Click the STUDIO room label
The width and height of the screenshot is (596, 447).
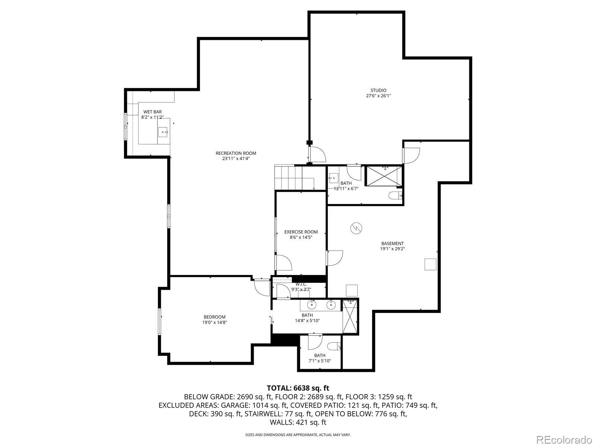pos(378,90)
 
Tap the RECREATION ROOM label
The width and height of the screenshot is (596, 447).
pos(236,153)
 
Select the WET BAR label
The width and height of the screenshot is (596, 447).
pos(152,112)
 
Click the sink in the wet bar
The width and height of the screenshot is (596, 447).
pos(163,132)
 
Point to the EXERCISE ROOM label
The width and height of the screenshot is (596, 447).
pos(301,232)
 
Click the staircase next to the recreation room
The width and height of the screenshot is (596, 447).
pos(294,177)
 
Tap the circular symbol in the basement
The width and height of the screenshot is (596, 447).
pos(356,228)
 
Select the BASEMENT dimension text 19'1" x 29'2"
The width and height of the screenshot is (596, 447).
pos(392,249)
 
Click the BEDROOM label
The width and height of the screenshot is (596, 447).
pos(215,317)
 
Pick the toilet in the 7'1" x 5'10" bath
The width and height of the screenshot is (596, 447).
pos(335,346)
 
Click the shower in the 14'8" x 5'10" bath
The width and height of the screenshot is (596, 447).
pos(350,316)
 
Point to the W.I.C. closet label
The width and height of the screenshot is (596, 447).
pos(301,285)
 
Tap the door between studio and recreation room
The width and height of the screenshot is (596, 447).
pos(317,154)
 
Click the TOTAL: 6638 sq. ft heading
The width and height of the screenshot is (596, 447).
pos(298,388)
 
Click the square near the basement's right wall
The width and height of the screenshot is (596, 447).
pos(431,264)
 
